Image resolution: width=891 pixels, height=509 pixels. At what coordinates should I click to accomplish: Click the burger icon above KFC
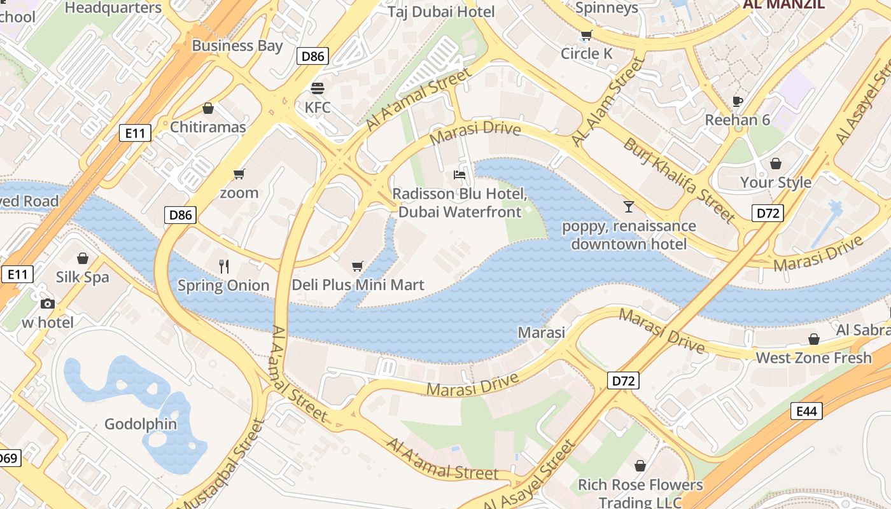[x=317, y=88]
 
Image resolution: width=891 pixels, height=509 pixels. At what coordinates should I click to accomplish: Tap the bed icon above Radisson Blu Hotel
[x=460, y=174]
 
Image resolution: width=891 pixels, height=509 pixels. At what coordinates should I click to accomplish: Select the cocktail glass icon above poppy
[x=629, y=206]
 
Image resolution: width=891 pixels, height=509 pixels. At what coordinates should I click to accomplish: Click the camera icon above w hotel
[x=48, y=303]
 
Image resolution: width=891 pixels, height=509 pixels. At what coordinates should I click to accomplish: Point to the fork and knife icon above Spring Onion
[x=223, y=266]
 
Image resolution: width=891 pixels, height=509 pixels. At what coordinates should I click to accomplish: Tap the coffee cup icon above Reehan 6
[x=738, y=101]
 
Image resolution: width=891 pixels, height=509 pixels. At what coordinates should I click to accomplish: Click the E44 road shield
[x=806, y=411]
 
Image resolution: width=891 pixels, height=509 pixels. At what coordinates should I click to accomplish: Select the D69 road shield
[x=8, y=457]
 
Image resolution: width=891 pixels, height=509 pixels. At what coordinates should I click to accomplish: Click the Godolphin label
[x=141, y=424]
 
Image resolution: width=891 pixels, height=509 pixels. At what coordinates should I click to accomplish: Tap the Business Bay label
[x=237, y=46]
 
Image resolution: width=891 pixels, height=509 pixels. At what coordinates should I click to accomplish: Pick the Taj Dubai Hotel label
[x=442, y=11]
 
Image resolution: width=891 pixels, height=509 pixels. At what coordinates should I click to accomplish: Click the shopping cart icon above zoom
[x=239, y=174]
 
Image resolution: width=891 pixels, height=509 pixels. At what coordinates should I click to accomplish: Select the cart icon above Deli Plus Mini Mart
[x=358, y=266]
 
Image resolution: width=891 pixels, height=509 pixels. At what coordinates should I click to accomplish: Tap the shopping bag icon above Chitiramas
[x=207, y=108]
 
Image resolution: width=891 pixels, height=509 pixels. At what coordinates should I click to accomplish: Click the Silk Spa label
[x=82, y=277]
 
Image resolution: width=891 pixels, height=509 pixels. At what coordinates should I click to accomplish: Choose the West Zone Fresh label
[x=813, y=358]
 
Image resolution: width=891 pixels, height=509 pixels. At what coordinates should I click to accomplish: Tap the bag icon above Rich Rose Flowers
[x=640, y=466]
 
